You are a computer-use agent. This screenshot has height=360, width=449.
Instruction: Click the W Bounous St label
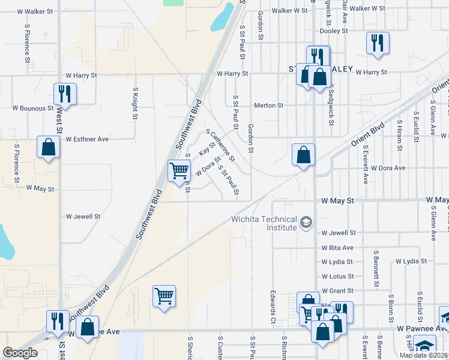(32, 108)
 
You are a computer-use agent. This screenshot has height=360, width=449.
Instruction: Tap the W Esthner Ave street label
(87, 139)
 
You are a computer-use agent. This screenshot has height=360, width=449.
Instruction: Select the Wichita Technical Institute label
(265, 223)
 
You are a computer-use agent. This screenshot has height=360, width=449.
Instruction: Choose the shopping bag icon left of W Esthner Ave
(48, 147)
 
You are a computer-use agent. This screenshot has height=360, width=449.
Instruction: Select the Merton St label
(268, 105)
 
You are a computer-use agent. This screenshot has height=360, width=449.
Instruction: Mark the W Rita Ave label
(337, 247)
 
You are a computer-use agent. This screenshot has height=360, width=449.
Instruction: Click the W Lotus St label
(338, 277)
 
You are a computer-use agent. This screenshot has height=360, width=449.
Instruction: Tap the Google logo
(20, 353)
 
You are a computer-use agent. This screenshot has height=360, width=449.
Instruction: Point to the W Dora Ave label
(388, 168)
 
